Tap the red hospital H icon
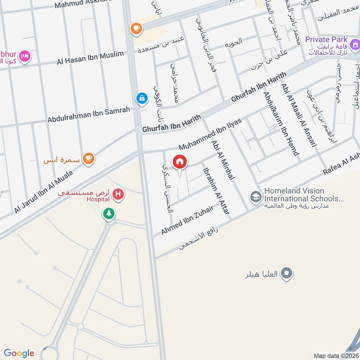pyautogui.click(x=118, y=194)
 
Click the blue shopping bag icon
pyautogui.click(x=142, y=98)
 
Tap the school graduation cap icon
pyautogui.click(x=256, y=197)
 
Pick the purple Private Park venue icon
pyautogui.click(x=355, y=45)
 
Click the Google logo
pyautogui.click(x=19, y=353)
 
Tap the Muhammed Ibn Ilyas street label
pyautogui.click(x=210, y=134)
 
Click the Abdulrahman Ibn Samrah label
pyautogui.click(x=89, y=114)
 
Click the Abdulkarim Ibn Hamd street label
pyautogui.click(x=281, y=123)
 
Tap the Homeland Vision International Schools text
pyautogui.click(x=304, y=194)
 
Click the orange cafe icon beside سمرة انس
pyautogui.click(x=89, y=158)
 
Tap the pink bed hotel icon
pyautogui.click(x=25, y=56)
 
